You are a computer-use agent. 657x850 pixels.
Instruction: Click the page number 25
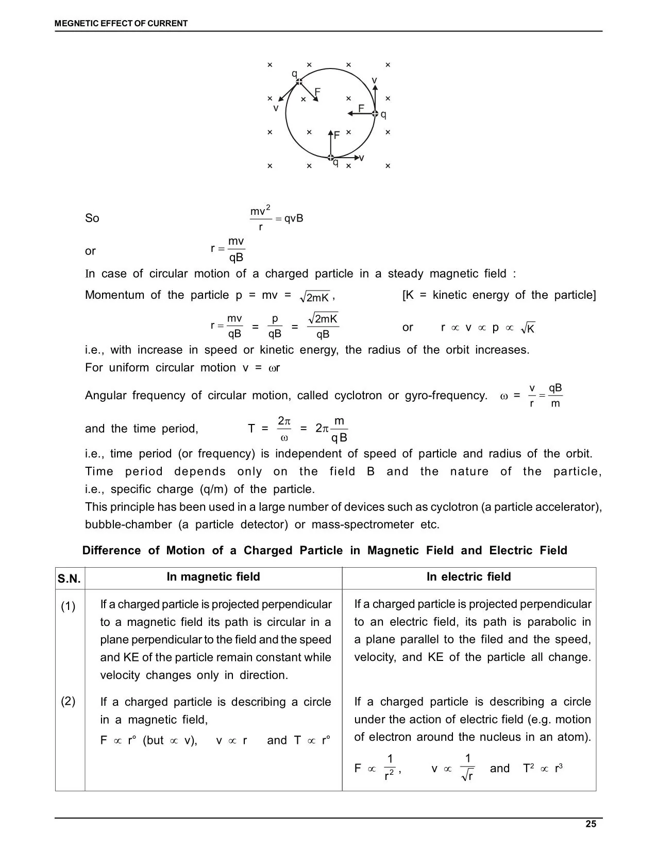pos(591,824)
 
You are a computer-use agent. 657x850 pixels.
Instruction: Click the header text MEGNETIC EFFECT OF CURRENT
pos(121,23)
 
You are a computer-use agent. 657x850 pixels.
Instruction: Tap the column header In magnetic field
pos(213,577)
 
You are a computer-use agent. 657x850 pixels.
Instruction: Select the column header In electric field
pos(468,577)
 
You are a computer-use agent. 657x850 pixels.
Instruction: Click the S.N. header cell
pos(69,579)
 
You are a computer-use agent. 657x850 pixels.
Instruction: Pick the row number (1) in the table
pos(68,606)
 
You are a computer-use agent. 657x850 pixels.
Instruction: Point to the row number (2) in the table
pos(68,701)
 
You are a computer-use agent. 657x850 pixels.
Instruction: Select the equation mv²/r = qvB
pos(277,218)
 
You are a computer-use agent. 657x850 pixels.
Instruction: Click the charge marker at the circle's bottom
pos(331,157)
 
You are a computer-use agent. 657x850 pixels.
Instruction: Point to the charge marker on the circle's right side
pos(375,113)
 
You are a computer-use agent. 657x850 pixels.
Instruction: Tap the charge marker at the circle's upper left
pos(299,81)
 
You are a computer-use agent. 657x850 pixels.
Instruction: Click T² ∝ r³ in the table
pos(543,769)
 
